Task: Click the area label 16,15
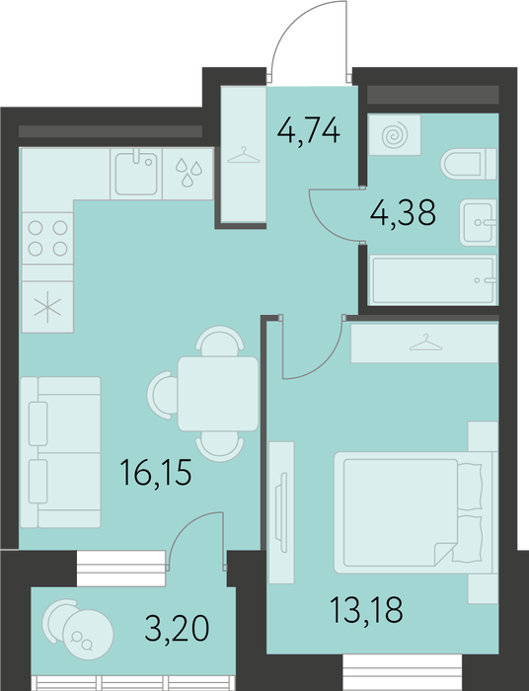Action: [156, 473]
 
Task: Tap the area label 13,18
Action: [366, 610]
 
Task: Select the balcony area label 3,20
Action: [177, 629]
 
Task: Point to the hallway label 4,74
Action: [309, 130]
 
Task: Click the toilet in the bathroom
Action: [468, 164]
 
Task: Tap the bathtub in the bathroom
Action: [434, 279]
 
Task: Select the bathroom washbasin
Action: [478, 222]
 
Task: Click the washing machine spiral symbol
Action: [395, 136]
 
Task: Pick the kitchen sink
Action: [136, 174]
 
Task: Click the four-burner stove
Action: [47, 239]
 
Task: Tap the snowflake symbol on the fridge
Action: [47, 307]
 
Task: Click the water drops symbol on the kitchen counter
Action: [189, 172]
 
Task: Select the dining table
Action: [218, 394]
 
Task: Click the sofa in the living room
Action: [60, 452]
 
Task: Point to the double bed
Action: [414, 512]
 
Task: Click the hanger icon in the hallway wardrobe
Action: [244, 156]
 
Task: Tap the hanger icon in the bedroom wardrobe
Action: [425, 343]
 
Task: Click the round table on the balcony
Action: [88, 635]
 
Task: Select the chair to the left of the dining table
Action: [162, 395]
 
